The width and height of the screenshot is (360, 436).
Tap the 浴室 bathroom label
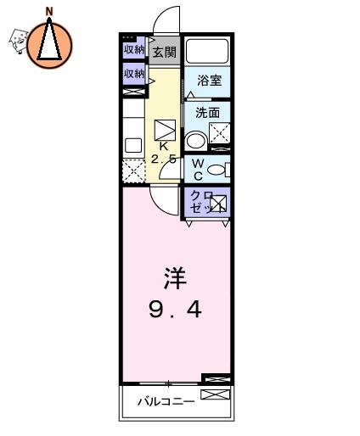tap(209, 81)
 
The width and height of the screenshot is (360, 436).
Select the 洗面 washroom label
tap(208, 112)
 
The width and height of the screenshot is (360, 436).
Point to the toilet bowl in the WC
tap(217, 170)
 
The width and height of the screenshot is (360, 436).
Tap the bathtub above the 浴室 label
tap(209, 49)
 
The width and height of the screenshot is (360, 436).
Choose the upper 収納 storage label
tap(133, 49)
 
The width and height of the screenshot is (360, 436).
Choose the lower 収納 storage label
tap(133, 75)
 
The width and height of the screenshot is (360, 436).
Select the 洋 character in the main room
tap(174, 277)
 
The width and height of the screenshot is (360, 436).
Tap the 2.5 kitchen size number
tap(163, 159)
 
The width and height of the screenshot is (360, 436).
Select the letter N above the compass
tap(49, 11)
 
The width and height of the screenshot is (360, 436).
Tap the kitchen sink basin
tap(133, 144)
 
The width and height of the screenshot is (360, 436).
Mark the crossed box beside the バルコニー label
tap(216, 396)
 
